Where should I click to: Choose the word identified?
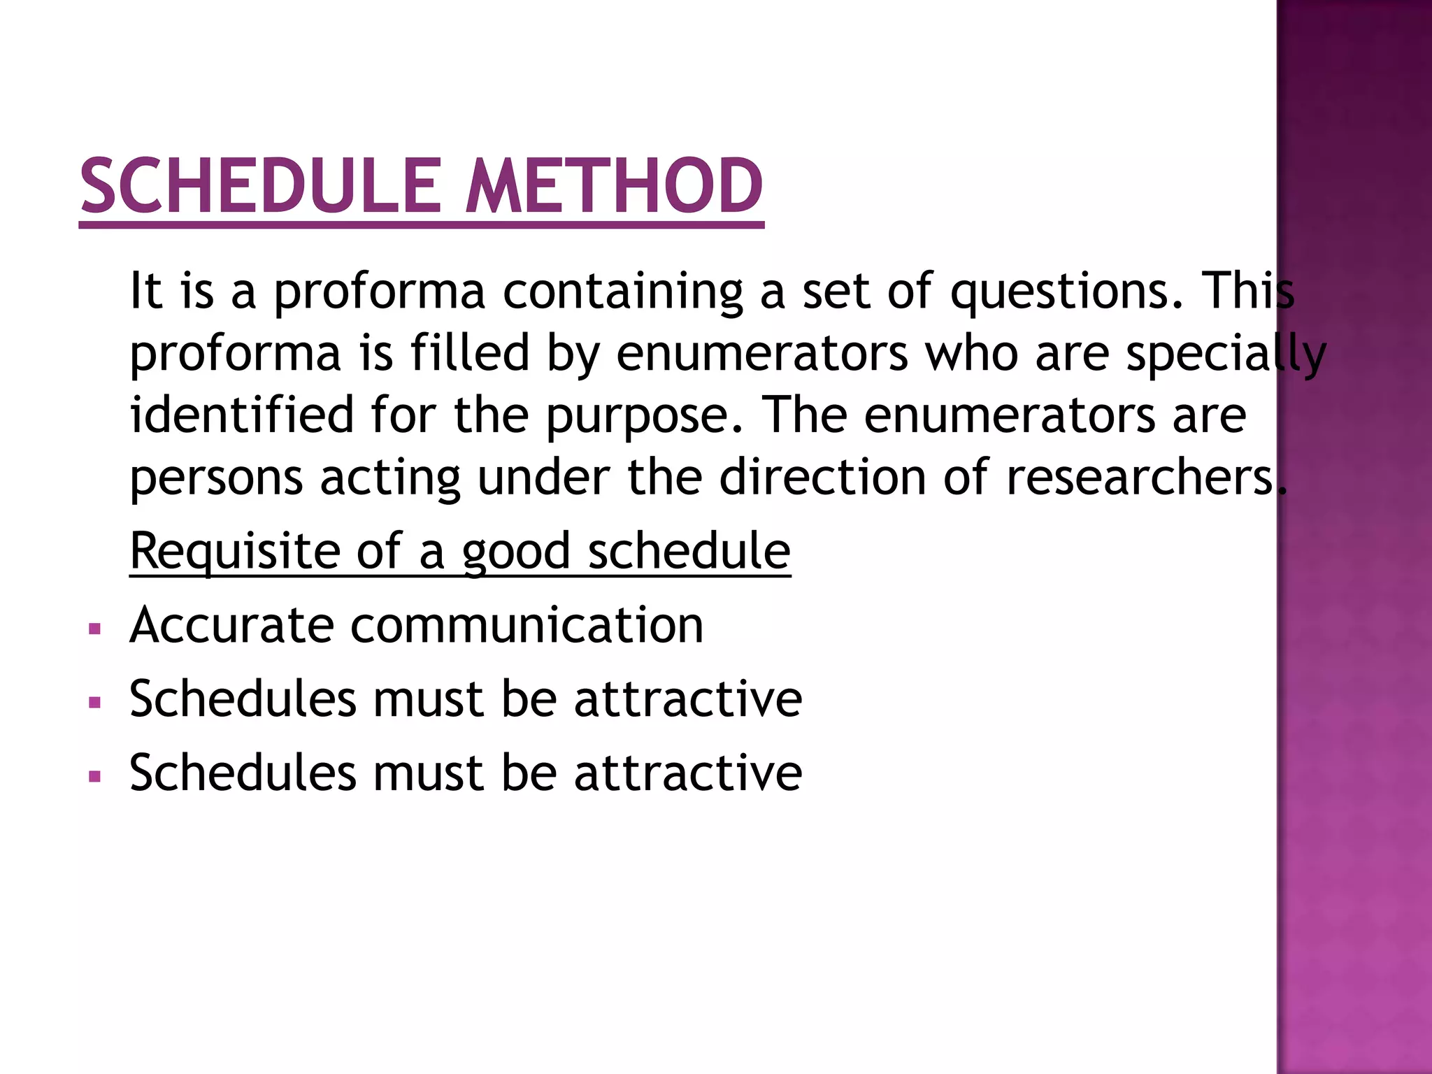(242, 414)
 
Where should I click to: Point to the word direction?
(822, 477)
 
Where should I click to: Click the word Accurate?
(232, 624)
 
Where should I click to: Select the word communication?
(527, 624)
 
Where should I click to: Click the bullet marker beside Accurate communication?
(95, 629)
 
